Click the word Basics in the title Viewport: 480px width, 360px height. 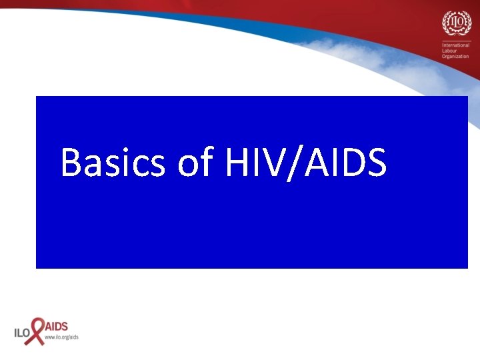[x=112, y=163]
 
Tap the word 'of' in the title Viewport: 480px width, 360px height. [x=195, y=163]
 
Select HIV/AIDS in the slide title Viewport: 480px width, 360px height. [x=306, y=163]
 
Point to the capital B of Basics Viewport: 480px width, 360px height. [x=71, y=163]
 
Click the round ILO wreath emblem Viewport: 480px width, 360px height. [x=456, y=24]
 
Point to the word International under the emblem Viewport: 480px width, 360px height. [x=456, y=45]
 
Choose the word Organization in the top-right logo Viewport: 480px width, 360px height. [x=456, y=57]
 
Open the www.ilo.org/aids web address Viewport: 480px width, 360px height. [x=61, y=337]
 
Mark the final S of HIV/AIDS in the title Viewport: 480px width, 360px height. [x=374, y=163]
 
